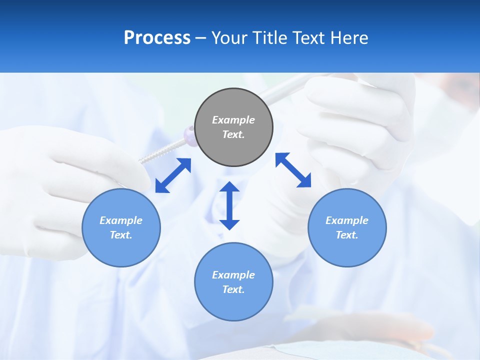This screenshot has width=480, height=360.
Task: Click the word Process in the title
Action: pyautogui.click(x=157, y=38)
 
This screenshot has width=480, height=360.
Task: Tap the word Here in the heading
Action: pyautogui.click(x=349, y=38)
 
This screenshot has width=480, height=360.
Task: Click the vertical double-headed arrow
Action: pyautogui.click(x=229, y=205)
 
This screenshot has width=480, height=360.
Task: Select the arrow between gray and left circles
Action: pyautogui.click(x=173, y=175)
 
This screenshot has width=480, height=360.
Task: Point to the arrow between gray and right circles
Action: pyautogui.click(x=293, y=170)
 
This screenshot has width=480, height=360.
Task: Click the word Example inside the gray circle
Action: pyautogui.click(x=233, y=120)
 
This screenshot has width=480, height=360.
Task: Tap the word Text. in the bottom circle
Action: pyautogui.click(x=233, y=289)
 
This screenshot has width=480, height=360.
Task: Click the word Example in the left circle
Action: pyautogui.click(x=121, y=220)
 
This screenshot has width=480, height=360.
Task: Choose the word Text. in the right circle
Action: pyautogui.click(x=347, y=235)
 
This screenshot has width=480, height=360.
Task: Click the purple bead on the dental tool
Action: pyautogui.click(x=189, y=135)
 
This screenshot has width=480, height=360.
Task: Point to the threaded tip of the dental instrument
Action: pyautogui.click(x=155, y=153)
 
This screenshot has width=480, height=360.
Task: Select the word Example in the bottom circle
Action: pyautogui.click(x=233, y=275)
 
